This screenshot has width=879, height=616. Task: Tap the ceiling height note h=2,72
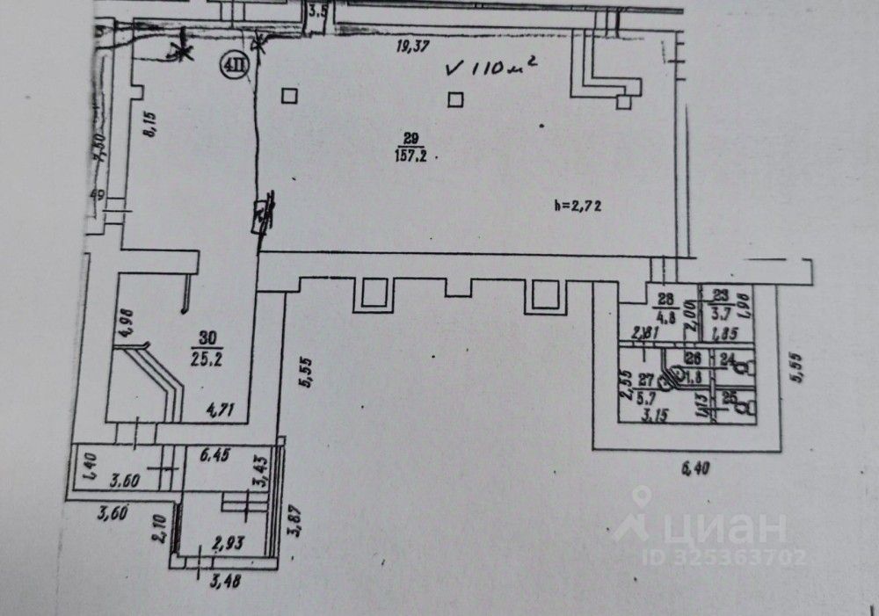coord(576,207)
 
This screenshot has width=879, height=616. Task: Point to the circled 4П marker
coord(233,67)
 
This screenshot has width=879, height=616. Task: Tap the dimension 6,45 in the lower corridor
coord(217,455)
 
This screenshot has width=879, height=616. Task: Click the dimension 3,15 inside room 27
coord(652,416)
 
